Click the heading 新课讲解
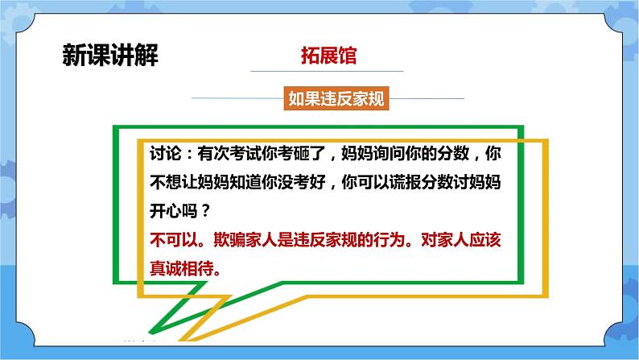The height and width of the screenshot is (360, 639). pos(109,56)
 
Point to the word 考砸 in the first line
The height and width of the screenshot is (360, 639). pos(303,152)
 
